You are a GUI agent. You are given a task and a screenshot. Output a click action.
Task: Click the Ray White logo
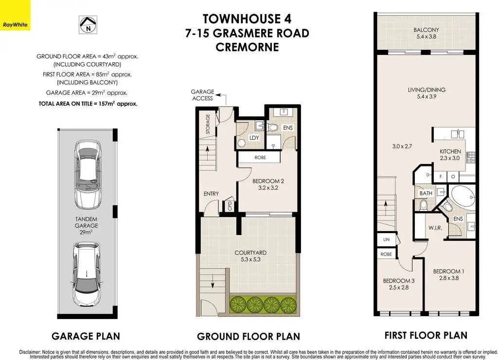pos(15,15)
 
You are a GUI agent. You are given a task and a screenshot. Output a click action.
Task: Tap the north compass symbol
pos(88,25)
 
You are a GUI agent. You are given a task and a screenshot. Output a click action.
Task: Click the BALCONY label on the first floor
pos(426,30)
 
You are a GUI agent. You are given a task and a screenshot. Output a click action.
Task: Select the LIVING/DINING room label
pos(427,90)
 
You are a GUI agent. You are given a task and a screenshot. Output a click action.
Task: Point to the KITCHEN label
pos(450,152)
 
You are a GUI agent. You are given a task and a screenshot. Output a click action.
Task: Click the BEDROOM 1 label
pos(448,271)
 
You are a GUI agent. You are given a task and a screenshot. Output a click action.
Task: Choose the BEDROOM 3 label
pos(399,281)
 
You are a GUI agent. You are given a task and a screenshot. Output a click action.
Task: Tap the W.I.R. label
pos(435,228)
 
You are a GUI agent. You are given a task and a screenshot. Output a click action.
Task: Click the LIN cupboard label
pos(386,239)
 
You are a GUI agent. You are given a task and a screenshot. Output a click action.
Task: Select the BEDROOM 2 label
pos(268,181)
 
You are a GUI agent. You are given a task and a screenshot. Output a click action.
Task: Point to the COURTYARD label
pos(250,252)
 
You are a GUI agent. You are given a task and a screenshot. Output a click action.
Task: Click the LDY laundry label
pos(254,138)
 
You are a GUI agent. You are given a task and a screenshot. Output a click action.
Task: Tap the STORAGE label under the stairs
pos(208,124)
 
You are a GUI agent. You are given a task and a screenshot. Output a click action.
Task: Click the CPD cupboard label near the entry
pos(230,206)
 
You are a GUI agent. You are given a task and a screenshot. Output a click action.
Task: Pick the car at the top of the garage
pos(88,175)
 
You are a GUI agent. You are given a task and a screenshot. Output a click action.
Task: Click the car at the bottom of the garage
pos(86,273)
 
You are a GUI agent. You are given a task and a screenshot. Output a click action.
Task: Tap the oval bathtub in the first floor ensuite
pos(463,197)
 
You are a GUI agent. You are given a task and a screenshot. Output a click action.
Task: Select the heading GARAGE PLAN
pos(86,336)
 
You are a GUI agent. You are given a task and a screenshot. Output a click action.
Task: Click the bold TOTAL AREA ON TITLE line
pos(88,104)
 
